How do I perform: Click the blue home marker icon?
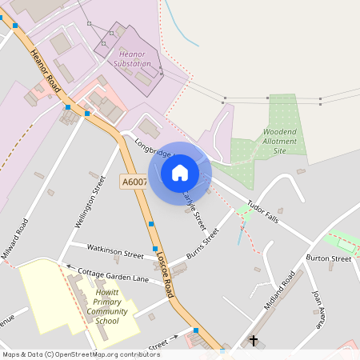pos(180,173)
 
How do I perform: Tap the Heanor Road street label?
pos(45,71)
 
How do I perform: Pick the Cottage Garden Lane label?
pos(114,275)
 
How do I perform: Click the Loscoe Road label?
pos(165,274)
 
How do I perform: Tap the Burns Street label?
pos(202,242)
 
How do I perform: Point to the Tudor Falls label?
pos(262,211)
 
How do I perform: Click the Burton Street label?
pos(328,258)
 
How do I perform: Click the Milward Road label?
pos(14,238)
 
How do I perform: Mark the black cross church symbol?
pos(254,341)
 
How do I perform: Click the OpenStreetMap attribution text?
pos(82,354)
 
